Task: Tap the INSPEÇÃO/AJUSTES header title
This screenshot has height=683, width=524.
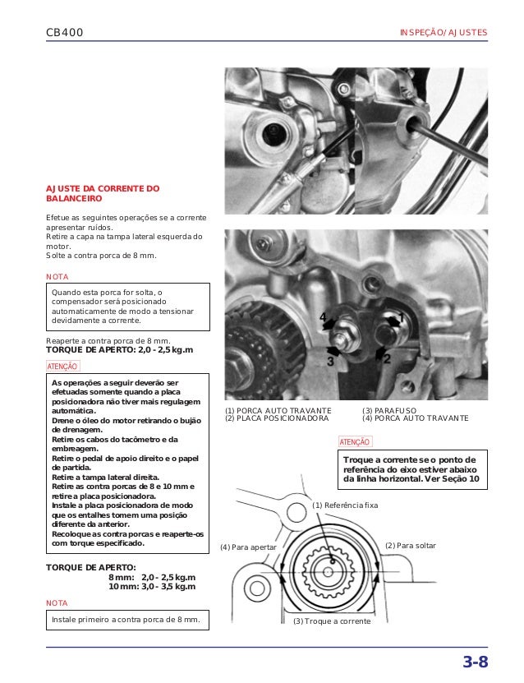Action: (x=443, y=33)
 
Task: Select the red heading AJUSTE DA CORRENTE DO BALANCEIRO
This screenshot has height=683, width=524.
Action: (x=103, y=193)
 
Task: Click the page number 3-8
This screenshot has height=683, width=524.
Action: (x=475, y=663)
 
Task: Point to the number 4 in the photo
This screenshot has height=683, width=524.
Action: (x=323, y=316)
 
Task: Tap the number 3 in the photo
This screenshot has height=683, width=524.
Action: (x=330, y=360)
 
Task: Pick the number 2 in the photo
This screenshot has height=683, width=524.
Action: (x=386, y=359)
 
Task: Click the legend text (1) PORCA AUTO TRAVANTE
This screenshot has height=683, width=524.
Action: (x=278, y=409)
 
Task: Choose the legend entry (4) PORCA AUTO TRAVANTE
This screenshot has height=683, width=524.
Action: (x=416, y=418)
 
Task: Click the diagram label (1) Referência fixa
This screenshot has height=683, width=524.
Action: (x=345, y=505)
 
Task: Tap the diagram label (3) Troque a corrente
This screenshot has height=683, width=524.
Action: (x=332, y=621)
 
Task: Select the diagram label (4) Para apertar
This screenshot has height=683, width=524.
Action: (x=248, y=547)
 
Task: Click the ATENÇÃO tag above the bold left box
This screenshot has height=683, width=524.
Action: (x=63, y=367)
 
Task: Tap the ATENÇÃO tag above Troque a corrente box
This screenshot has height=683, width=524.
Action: (x=355, y=442)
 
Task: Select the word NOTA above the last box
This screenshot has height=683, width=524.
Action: (x=57, y=602)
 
